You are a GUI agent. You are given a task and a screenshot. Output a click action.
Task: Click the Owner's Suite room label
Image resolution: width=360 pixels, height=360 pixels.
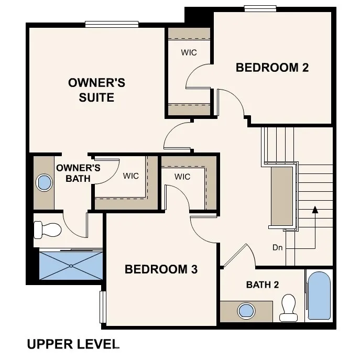96,90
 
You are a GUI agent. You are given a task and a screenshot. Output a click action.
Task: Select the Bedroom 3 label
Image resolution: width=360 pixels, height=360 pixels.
161,269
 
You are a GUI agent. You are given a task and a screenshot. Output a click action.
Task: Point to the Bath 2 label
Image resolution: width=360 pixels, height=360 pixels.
262,285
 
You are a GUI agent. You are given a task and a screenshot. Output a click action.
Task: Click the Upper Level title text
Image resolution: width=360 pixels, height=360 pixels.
73,344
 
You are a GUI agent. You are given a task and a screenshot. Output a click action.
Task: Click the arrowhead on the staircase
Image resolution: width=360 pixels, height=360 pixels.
315,210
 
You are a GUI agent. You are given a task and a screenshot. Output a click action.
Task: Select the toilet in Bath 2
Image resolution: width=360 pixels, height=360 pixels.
289,307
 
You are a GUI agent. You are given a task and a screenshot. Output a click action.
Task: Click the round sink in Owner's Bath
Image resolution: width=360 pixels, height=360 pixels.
45,182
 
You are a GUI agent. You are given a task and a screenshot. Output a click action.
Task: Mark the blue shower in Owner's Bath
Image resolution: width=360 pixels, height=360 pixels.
71,266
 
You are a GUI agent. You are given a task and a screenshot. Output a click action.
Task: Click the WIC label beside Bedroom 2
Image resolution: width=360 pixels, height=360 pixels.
189,52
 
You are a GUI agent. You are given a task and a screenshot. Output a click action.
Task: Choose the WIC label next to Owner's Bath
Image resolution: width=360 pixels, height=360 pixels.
131,176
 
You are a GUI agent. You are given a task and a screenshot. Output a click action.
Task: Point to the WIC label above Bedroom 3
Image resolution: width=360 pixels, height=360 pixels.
182,177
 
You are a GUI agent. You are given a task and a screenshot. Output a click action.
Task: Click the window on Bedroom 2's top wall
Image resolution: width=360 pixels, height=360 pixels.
260,8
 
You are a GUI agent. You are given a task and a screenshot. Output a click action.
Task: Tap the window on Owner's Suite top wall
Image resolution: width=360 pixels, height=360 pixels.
112,24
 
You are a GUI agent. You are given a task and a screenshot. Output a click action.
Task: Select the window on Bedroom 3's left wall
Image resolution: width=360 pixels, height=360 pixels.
103,307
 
